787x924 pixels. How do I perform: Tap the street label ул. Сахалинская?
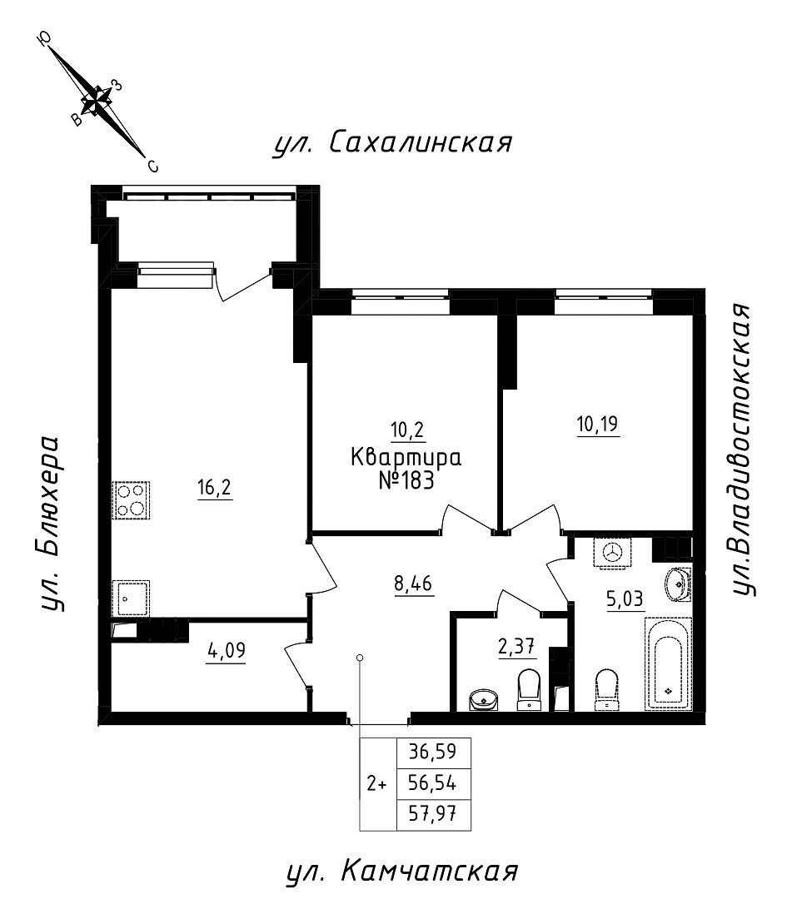pyautogui.click(x=391, y=143)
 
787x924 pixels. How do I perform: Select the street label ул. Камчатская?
pyautogui.click(x=402, y=873)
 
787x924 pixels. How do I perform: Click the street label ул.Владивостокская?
pyautogui.click(x=744, y=450)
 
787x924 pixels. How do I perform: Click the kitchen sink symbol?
pyautogui.click(x=131, y=597)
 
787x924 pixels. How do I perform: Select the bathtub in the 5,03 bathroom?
pyautogui.click(x=668, y=663)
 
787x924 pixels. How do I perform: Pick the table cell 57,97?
pyautogui.click(x=435, y=814)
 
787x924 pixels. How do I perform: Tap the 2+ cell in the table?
pyautogui.click(x=377, y=783)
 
